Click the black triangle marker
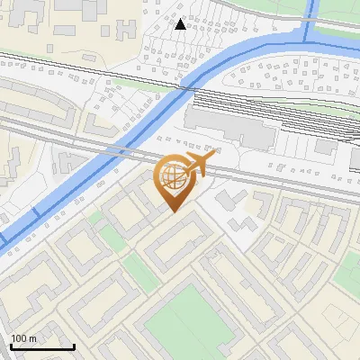point(181,24)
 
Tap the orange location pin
point(172,180)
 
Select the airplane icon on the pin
point(199,165)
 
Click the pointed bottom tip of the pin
point(172,211)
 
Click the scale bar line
point(41,346)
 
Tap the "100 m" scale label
point(23,338)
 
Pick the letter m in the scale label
point(32,338)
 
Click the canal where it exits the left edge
point(4,241)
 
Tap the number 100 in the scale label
point(19,338)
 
